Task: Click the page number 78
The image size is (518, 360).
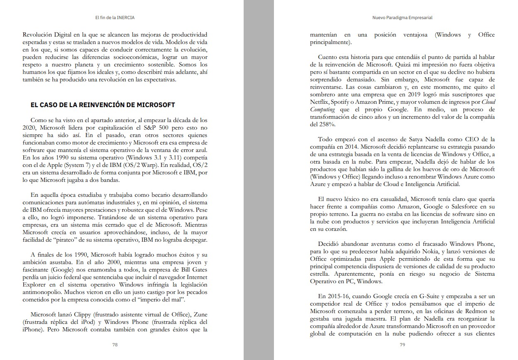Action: coord(115,345)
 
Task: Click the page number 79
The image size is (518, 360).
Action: coord(402,345)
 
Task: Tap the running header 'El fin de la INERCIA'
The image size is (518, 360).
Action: coord(115,18)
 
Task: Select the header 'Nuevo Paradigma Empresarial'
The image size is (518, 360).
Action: coord(402,18)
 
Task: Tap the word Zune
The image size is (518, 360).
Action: coord(201,314)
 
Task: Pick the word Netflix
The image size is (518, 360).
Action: coord(320,102)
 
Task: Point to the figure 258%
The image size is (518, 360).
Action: coord(318,124)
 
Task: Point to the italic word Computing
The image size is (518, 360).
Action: coord(323,109)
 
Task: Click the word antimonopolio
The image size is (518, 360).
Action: coord(42,292)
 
